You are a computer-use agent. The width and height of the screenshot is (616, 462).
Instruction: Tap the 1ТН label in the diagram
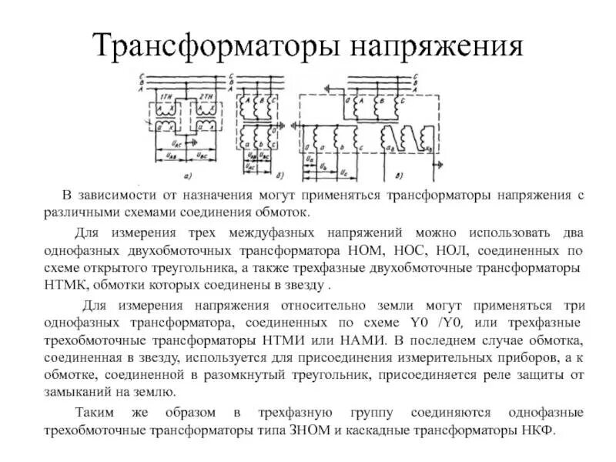click(x=166, y=96)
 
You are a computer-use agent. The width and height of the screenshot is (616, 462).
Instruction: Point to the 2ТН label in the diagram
click(x=206, y=96)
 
